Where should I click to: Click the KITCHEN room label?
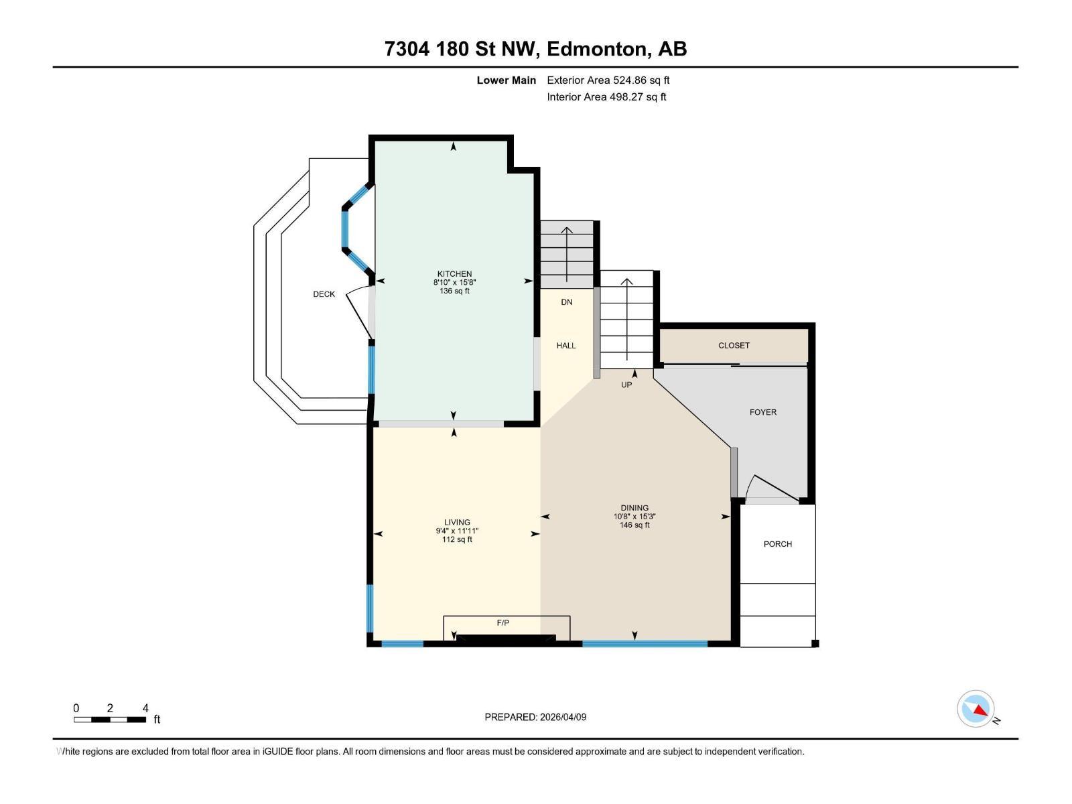(x=454, y=274)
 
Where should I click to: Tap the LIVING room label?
(x=457, y=523)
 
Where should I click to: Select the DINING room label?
(x=634, y=508)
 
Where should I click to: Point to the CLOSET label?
(x=734, y=346)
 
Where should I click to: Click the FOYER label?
(x=762, y=413)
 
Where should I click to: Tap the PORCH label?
(x=777, y=544)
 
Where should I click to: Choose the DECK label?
(x=324, y=294)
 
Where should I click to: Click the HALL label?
(x=566, y=346)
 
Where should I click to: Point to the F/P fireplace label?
(x=503, y=623)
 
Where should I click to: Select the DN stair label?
(x=567, y=302)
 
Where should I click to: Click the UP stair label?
(x=626, y=385)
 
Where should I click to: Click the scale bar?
(x=110, y=720)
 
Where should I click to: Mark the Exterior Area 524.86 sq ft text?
(x=608, y=80)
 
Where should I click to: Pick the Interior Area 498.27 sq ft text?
(x=606, y=97)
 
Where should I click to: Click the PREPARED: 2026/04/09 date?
(x=535, y=717)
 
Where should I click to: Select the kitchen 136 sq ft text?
(x=454, y=291)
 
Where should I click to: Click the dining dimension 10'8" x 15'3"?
(x=634, y=517)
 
